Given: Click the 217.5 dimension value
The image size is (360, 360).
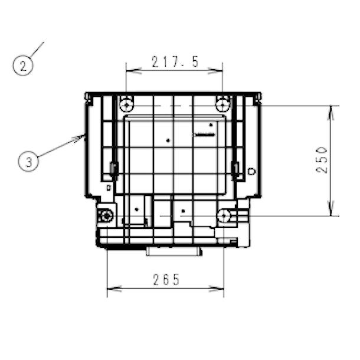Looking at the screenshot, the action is click(x=175, y=62).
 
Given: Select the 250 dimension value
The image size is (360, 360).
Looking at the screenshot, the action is click(x=322, y=160).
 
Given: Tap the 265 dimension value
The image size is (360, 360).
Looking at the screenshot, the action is click(x=166, y=280).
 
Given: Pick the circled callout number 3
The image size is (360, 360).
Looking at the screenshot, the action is click(x=28, y=161).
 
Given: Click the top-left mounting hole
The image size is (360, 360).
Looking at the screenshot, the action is click(x=126, y=106).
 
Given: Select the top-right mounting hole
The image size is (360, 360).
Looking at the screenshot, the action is click(x=222, y=106).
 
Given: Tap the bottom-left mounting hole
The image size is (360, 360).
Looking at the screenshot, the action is click(x=106, y=216).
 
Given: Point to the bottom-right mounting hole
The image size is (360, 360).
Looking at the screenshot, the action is click(x=224, y=216).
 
